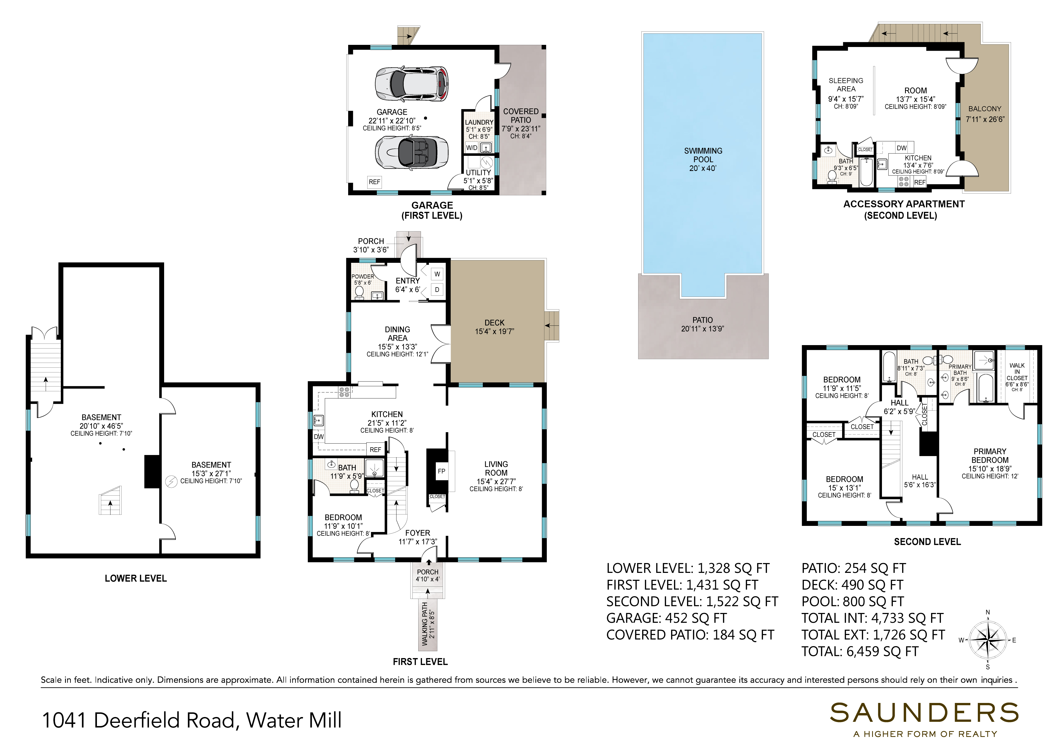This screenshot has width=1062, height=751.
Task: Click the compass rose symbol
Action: pyautogui.click(x=988, y=640)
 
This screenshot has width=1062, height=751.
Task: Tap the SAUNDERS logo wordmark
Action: pyautogui.click(x=924, y=713)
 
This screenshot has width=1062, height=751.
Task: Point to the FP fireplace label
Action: pyautogui.click(x=441, y=471)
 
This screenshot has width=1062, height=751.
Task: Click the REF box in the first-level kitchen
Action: pyautogui.click(x=376, y=449)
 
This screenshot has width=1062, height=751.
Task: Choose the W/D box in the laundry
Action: pyautogui.click(x=472, y=148)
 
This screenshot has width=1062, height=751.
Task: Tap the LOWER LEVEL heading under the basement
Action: pyautogui.click(x=135, y=578)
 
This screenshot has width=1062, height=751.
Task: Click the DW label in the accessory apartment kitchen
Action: pyautogui.click(x=902, y=148)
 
